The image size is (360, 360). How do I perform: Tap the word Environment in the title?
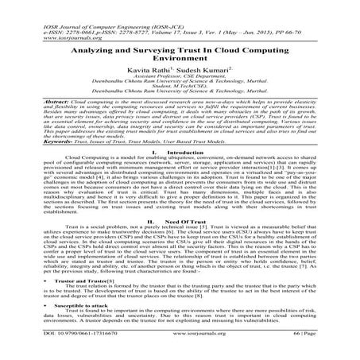pos(180,47)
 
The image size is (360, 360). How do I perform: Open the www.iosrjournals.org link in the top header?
pos(36,19)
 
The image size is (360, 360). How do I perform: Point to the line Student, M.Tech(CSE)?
pos(180,83)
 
